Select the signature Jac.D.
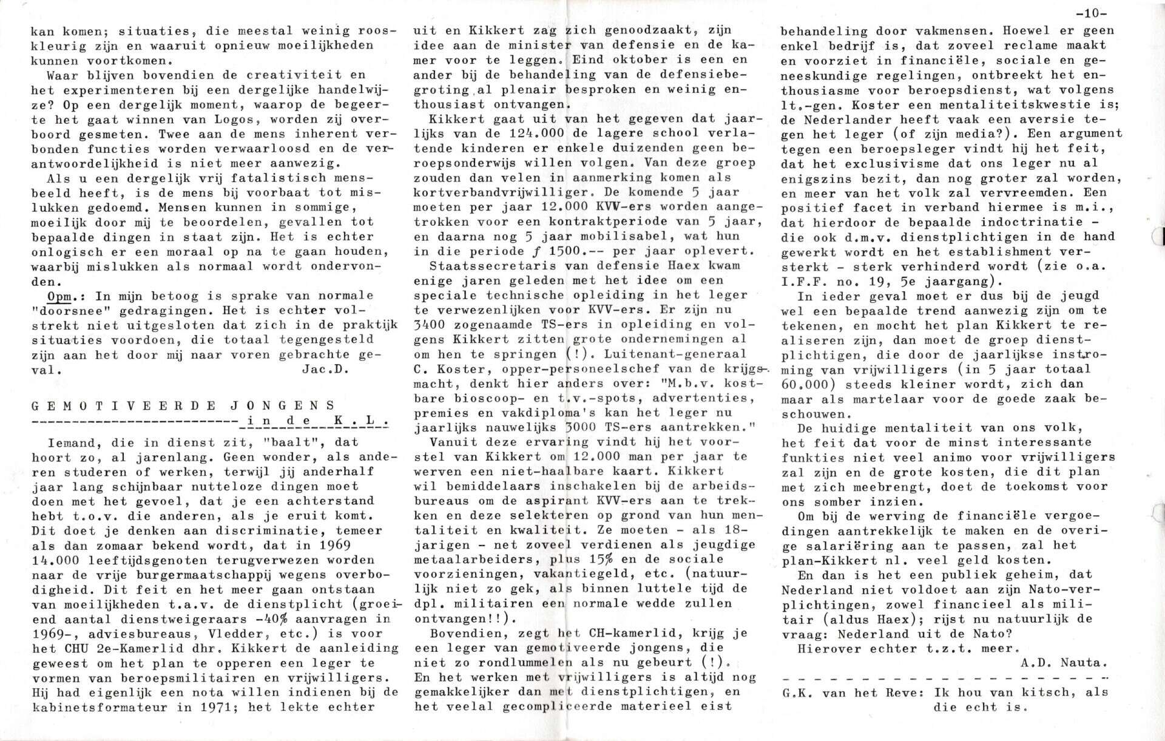click(x=325, y=370)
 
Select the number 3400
click(x=433, y=325)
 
